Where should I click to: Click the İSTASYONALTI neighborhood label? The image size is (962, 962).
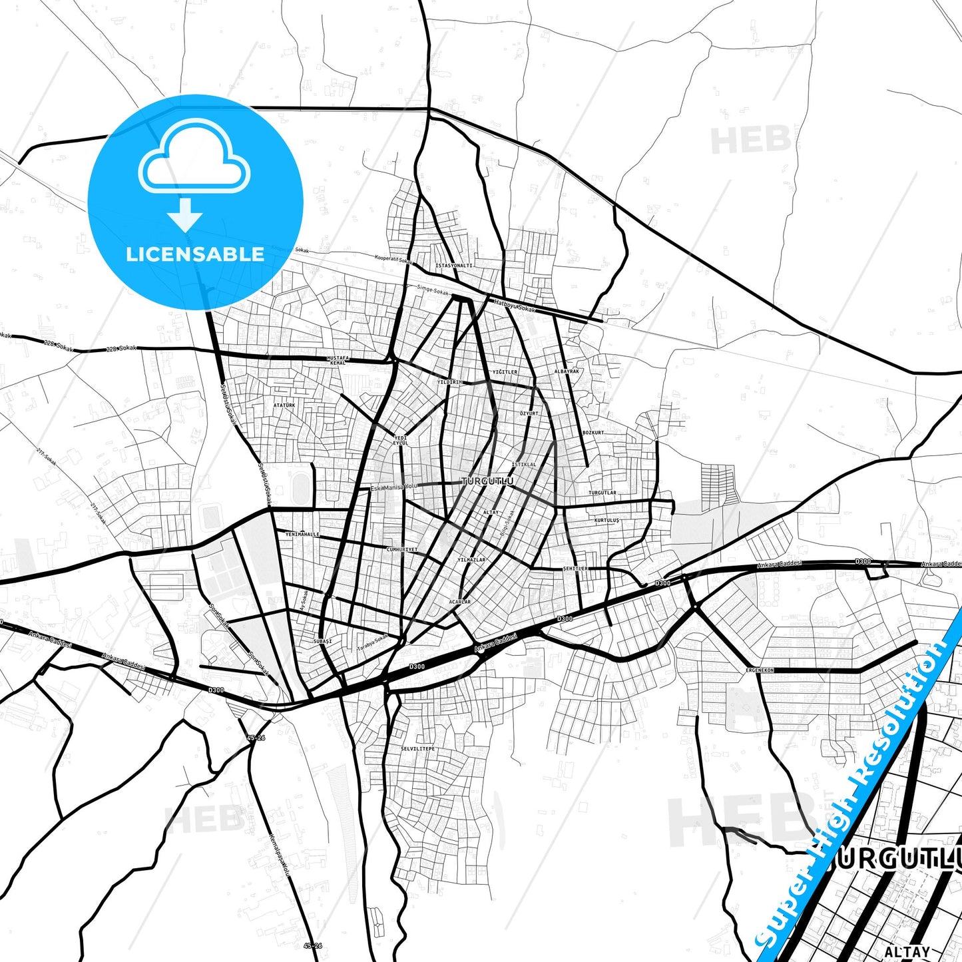(454, 266)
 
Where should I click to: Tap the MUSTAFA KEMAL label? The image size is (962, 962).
(338, 360)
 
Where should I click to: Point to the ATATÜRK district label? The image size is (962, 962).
(284, 405)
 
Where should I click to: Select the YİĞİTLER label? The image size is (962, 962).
(505, 371)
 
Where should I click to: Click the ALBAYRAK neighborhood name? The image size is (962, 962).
(567, 371)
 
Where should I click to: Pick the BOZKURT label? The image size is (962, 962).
(593, 433)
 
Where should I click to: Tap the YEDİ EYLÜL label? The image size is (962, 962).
(400, 440)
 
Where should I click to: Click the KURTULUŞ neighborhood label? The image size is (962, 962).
(606, 520)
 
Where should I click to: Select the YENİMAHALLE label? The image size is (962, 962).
(302, 534)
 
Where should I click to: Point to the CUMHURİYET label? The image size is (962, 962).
(402, 549)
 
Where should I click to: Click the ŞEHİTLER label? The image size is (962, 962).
(575, 569)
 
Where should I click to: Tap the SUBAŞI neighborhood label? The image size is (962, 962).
(322, 641)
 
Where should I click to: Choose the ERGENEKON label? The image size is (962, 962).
(760, 670)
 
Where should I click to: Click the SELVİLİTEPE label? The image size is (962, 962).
(417, 749)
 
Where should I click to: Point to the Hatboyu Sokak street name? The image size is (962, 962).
(514, 306)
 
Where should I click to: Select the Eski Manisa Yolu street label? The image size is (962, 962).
(393, 487)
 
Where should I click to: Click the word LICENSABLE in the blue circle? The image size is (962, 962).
(195, 254)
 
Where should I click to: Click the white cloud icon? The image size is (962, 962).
(194, 158)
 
